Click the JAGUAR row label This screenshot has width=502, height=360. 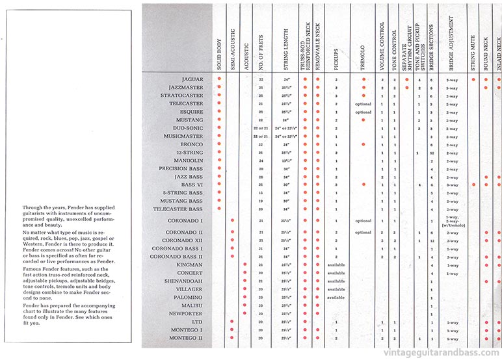coord(193,79)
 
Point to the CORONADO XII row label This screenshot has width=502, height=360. coord(181,240)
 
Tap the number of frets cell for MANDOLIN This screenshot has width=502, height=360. coord(261,161)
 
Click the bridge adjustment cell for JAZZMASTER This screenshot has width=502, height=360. coord(451,88)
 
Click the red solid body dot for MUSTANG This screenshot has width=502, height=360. coord(220,120)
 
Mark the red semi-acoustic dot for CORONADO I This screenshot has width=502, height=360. coord(232,221)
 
